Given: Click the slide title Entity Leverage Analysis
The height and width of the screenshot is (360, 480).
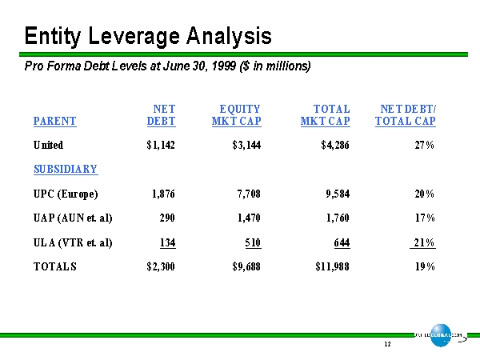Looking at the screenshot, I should click(148, 36).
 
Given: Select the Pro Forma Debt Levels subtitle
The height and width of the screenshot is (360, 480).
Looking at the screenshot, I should click(167, 66).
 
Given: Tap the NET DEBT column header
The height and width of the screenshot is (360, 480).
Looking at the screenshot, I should click(162, 115).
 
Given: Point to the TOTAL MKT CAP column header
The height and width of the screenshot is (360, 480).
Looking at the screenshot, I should click(326, 115).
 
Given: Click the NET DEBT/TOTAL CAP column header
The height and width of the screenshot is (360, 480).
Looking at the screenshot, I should click(406, 115).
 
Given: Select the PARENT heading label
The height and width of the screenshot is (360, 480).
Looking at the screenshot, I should click(55, 122).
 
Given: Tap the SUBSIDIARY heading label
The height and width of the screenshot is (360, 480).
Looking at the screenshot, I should click(66, 170).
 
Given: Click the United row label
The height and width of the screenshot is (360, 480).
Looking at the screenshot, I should click(48, 146).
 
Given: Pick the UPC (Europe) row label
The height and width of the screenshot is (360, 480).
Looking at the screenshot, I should click(66, 194).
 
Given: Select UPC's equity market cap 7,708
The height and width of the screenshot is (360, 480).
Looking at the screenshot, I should click(245, 194).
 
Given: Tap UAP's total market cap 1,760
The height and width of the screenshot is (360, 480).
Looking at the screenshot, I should click(334, 218).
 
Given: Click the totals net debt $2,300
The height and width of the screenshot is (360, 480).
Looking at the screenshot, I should click(159, 267).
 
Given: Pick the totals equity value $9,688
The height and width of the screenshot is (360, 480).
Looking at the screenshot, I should click(243, 267).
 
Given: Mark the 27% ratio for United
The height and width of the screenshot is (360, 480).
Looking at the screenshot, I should click(424, 146).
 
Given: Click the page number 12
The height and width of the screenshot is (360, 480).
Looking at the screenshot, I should click(387, 344).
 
